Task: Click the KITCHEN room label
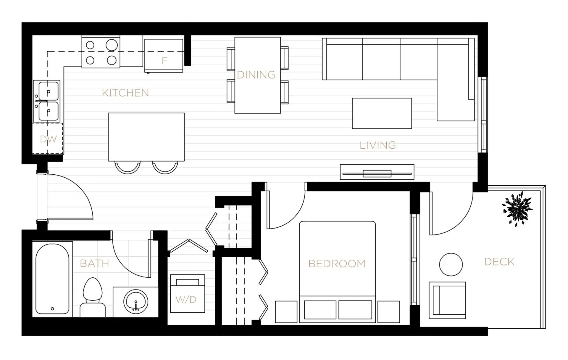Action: click(125, 93)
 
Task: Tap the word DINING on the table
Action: click(256, 75)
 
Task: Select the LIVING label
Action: click(377, 145)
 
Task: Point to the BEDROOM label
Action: click(337, 263)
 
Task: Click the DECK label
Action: click(499, 262)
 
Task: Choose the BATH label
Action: click(94, 263)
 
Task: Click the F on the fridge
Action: click(164, 61)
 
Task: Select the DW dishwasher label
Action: click(48, 139)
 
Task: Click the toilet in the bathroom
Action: click(93, 298)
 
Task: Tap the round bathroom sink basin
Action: click(136, 302)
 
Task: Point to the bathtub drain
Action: click(52, 309)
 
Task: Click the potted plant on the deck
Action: click(517, 208)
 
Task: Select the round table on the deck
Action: click(451, 264)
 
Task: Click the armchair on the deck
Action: click(447, 300)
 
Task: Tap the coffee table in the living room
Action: click(382, 113)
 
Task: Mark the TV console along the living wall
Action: click(377, 172)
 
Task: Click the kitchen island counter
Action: click(146, 137)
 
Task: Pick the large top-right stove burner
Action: click(112, 45)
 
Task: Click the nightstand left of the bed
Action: click(286, 312)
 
